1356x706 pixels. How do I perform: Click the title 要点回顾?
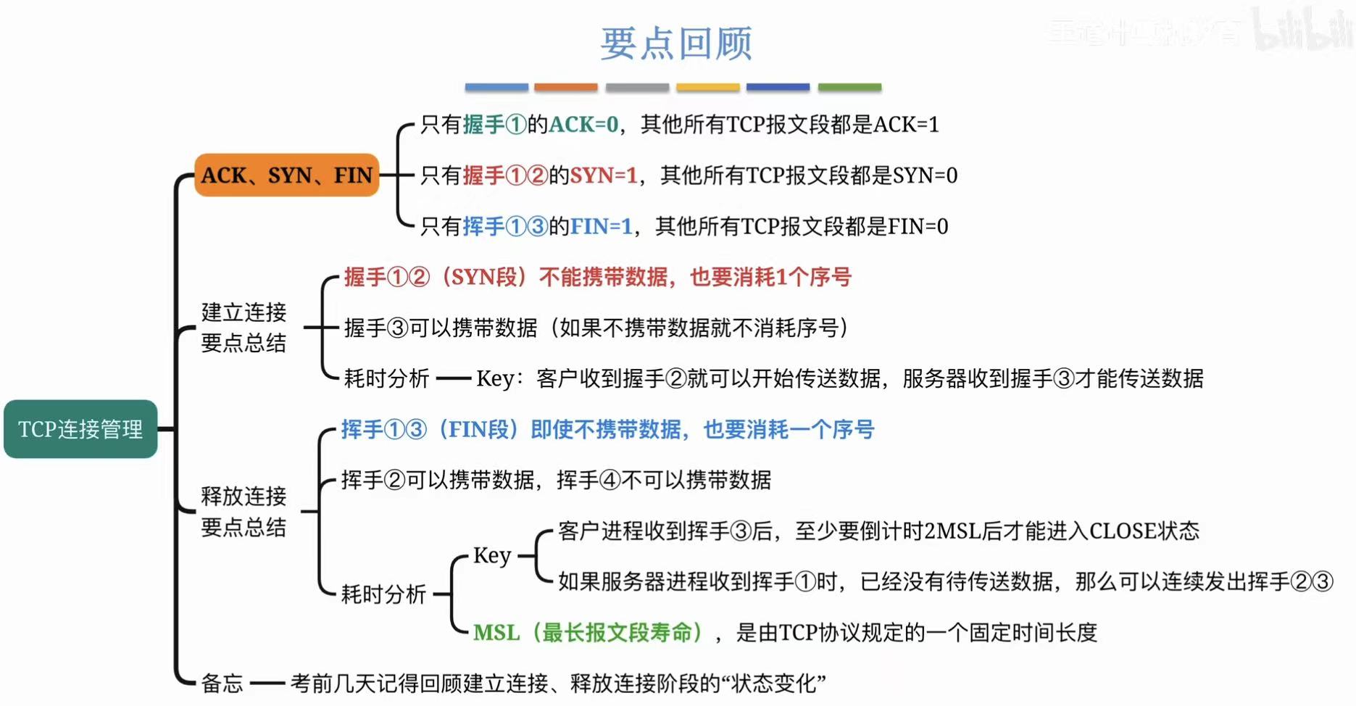tap(676, 43)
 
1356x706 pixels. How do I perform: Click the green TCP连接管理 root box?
tap(80, 429)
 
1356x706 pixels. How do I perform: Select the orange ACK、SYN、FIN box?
tap(287, 175)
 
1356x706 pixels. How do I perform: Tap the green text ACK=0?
tap(583, 125)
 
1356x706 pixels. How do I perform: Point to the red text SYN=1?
tap(604, 175)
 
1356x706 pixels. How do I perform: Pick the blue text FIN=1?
tap(601, 227)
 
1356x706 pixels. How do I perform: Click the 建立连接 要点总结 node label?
tap(244, 328)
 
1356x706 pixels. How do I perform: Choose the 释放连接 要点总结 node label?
tap(244, 512)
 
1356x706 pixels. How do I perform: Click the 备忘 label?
tap(222, 683)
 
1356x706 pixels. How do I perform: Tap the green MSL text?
tap(496, 633)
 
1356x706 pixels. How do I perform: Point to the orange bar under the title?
tap(566, 88)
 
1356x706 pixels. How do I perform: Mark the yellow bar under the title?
tap(707, 88)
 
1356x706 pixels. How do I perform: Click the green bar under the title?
tap(849, 88)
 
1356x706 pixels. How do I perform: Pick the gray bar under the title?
tap(637, 88)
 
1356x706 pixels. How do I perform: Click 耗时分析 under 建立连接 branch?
tap(386, 378)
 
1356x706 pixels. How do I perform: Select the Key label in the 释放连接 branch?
tap(492, 556)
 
